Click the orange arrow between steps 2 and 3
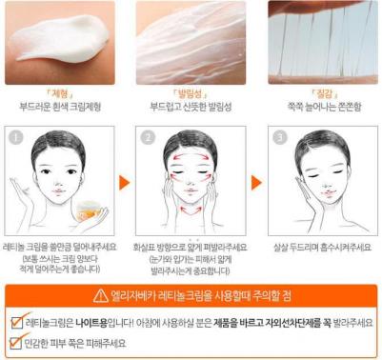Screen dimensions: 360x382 point(256,180)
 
